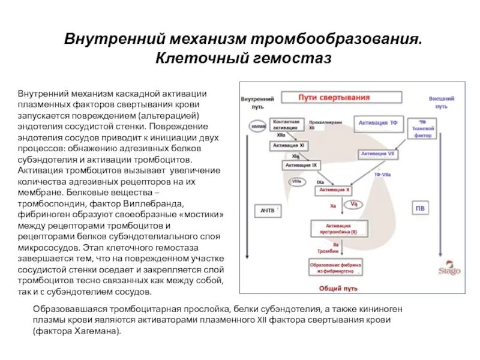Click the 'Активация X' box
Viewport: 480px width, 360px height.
point(334,190)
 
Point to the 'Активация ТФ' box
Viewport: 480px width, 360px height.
point(377,124)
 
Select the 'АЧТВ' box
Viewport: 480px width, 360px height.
point(267,211)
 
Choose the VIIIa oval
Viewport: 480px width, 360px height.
point(296,181)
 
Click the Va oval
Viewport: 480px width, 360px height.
point(354,205)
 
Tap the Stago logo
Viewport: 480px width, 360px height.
point(449,270)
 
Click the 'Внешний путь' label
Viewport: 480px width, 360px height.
point(442,101)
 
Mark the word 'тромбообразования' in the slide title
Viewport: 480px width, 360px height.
point(334,39)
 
